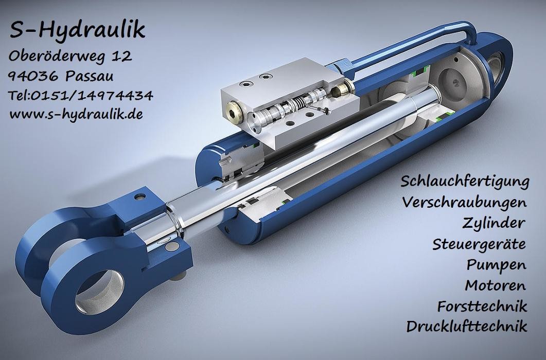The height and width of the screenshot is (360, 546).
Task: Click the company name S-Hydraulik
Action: pyautogui.click(x=77, y=30)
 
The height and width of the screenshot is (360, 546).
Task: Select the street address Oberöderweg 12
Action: pyautogui.click(x=70, y=56)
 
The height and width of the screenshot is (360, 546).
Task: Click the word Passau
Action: pyautogui.click(x=91, y=76)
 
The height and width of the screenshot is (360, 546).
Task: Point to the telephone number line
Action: pyautogui.click(x=80, y=95)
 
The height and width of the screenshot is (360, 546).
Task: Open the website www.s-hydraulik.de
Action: pyautogui.click(x=76, y=114)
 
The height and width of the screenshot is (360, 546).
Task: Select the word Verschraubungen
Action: pyautogui.click(x=465, y=202)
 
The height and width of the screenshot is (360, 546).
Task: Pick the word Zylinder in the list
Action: pyautogui.click(x=494, y=223)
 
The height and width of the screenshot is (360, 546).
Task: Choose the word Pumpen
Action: pyautogui.click(x=496, y=264)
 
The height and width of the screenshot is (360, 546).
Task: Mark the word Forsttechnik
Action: pyautogui.click(x=482, y=305)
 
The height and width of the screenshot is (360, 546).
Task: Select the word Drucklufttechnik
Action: pyautogui.click(x=467, y=326)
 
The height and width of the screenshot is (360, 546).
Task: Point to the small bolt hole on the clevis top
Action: pyautogui.click(x=137, y=196)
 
